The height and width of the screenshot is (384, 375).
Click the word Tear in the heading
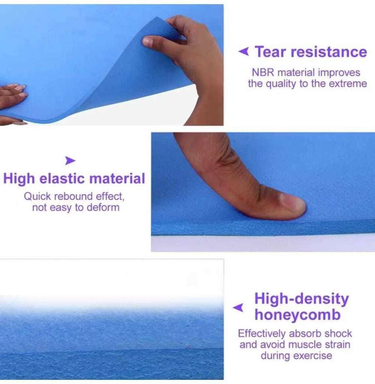pos(270,52)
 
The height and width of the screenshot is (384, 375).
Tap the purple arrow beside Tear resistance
pos(244,51)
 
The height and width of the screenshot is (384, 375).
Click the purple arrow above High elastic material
pos(71,161)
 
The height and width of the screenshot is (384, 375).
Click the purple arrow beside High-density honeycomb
pos(238,308)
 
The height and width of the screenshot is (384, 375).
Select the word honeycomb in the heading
pos(297,314)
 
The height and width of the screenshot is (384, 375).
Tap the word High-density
pos(302,299)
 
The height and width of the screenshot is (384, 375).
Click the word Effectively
pos(262,333)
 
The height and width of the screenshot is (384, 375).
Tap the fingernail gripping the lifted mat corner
pos(147,41)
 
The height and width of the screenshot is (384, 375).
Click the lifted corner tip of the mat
pos(157,17)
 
